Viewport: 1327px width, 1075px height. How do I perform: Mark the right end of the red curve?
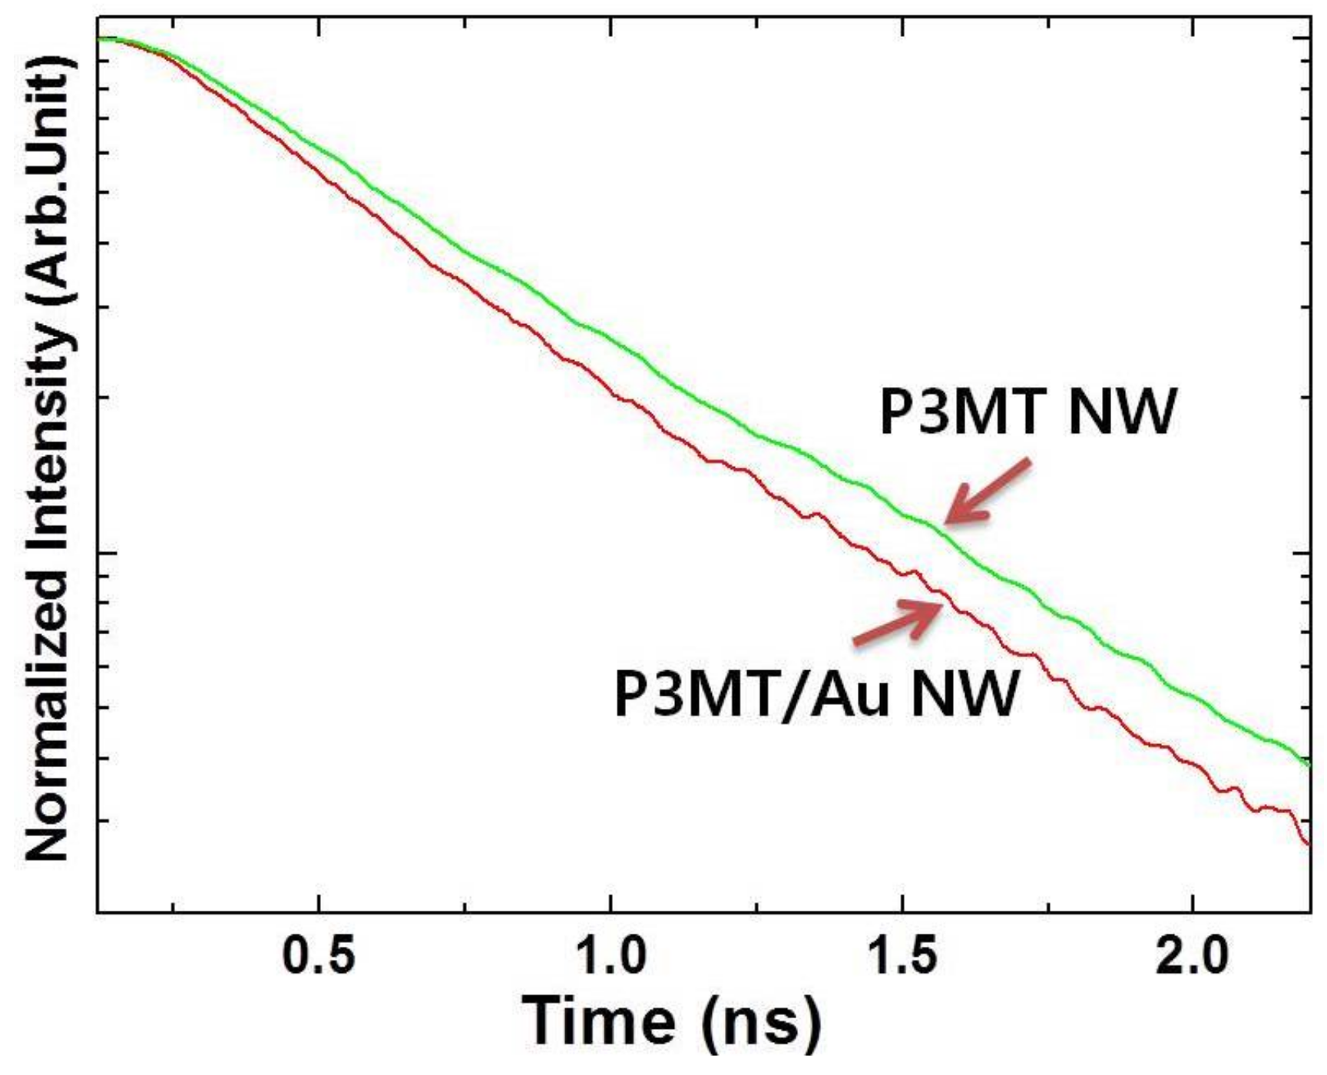coord(1308,844)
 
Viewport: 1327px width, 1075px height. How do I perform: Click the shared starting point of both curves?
coord(100,38)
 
